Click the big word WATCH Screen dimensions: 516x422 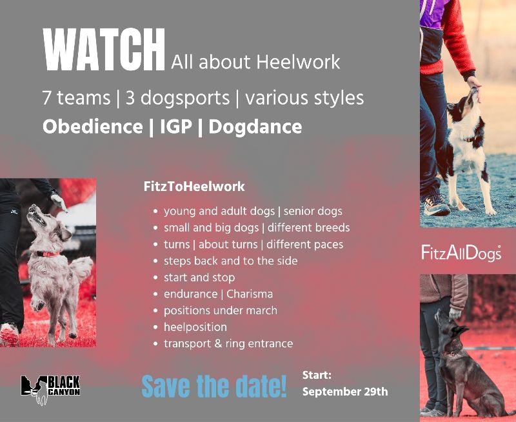click(104, 50)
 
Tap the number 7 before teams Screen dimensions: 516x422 click(46, 98)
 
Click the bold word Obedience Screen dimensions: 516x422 click(93, 126)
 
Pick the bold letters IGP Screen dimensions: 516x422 click(176, 126)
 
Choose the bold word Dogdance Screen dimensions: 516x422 click(255, 127)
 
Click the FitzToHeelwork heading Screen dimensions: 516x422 click(194, 186)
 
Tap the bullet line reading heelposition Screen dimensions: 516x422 click(195, 327)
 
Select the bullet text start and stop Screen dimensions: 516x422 click(199, 277)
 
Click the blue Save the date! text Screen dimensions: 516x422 click(214, 386)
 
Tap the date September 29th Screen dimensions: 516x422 click(345, 392)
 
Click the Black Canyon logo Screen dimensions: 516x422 click(50, 389)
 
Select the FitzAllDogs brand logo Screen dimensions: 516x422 click(461, 253)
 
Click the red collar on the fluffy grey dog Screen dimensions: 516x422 click(48, 254)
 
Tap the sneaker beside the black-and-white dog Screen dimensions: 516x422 click(437, 205)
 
